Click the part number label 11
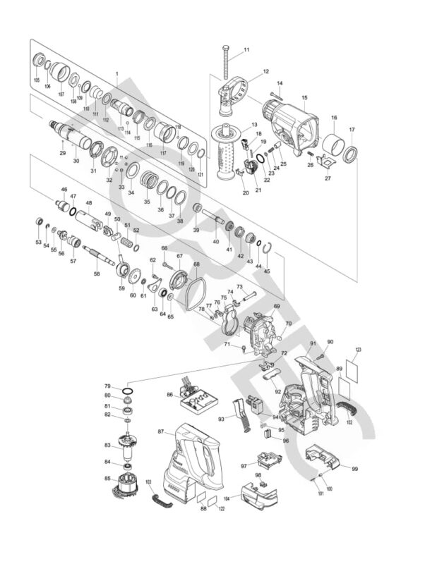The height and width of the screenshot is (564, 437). [246, 49]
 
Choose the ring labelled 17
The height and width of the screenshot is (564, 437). [351, 154]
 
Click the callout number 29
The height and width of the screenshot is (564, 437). [63, 153]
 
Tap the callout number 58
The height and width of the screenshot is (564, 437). [97, 274]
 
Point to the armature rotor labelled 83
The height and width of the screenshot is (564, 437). [127, 446]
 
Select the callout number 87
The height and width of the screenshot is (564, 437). [160, 431]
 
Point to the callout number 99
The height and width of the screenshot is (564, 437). [354, 469]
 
